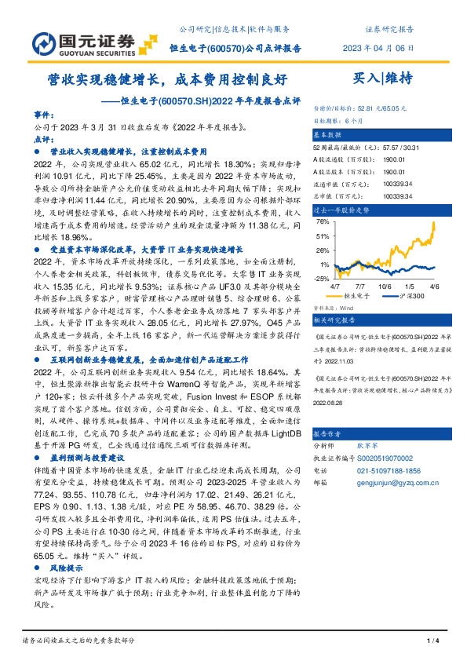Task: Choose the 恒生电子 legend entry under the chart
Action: pyautogui.click(x=356, y=298)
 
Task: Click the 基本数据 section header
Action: pyautogui.click(x=329, y=135)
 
